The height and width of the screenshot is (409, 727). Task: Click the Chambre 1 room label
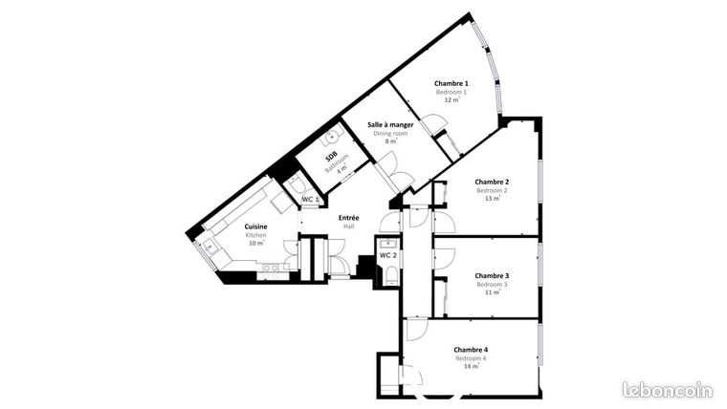(x=452, y=83)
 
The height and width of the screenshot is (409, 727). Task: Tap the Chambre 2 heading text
(x=492, y=182)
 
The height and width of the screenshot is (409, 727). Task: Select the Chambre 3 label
(x=492, y=275)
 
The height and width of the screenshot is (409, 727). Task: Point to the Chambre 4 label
(x=470, y=349)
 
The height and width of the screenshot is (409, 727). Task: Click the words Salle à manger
(x=389, y=125)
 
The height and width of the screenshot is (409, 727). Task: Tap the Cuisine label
(x=255, y=226)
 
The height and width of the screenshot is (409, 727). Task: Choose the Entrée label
(x=348, y=218)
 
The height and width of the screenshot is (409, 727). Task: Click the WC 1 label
(x=310, y=199)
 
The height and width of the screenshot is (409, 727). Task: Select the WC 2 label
(x=387, y=255)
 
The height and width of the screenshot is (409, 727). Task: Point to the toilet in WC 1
(x=296, y=183)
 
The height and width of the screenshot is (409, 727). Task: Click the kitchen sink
(x=210, y=246)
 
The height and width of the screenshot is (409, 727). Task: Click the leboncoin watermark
(x=667, y=390)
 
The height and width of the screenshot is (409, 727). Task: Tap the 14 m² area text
(x=471, y=366)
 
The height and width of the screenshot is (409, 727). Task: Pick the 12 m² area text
(x=452, y=99)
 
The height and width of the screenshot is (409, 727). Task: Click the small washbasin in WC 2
(x=386, y=243)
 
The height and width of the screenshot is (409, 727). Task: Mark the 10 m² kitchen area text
(x=255, y=243)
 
